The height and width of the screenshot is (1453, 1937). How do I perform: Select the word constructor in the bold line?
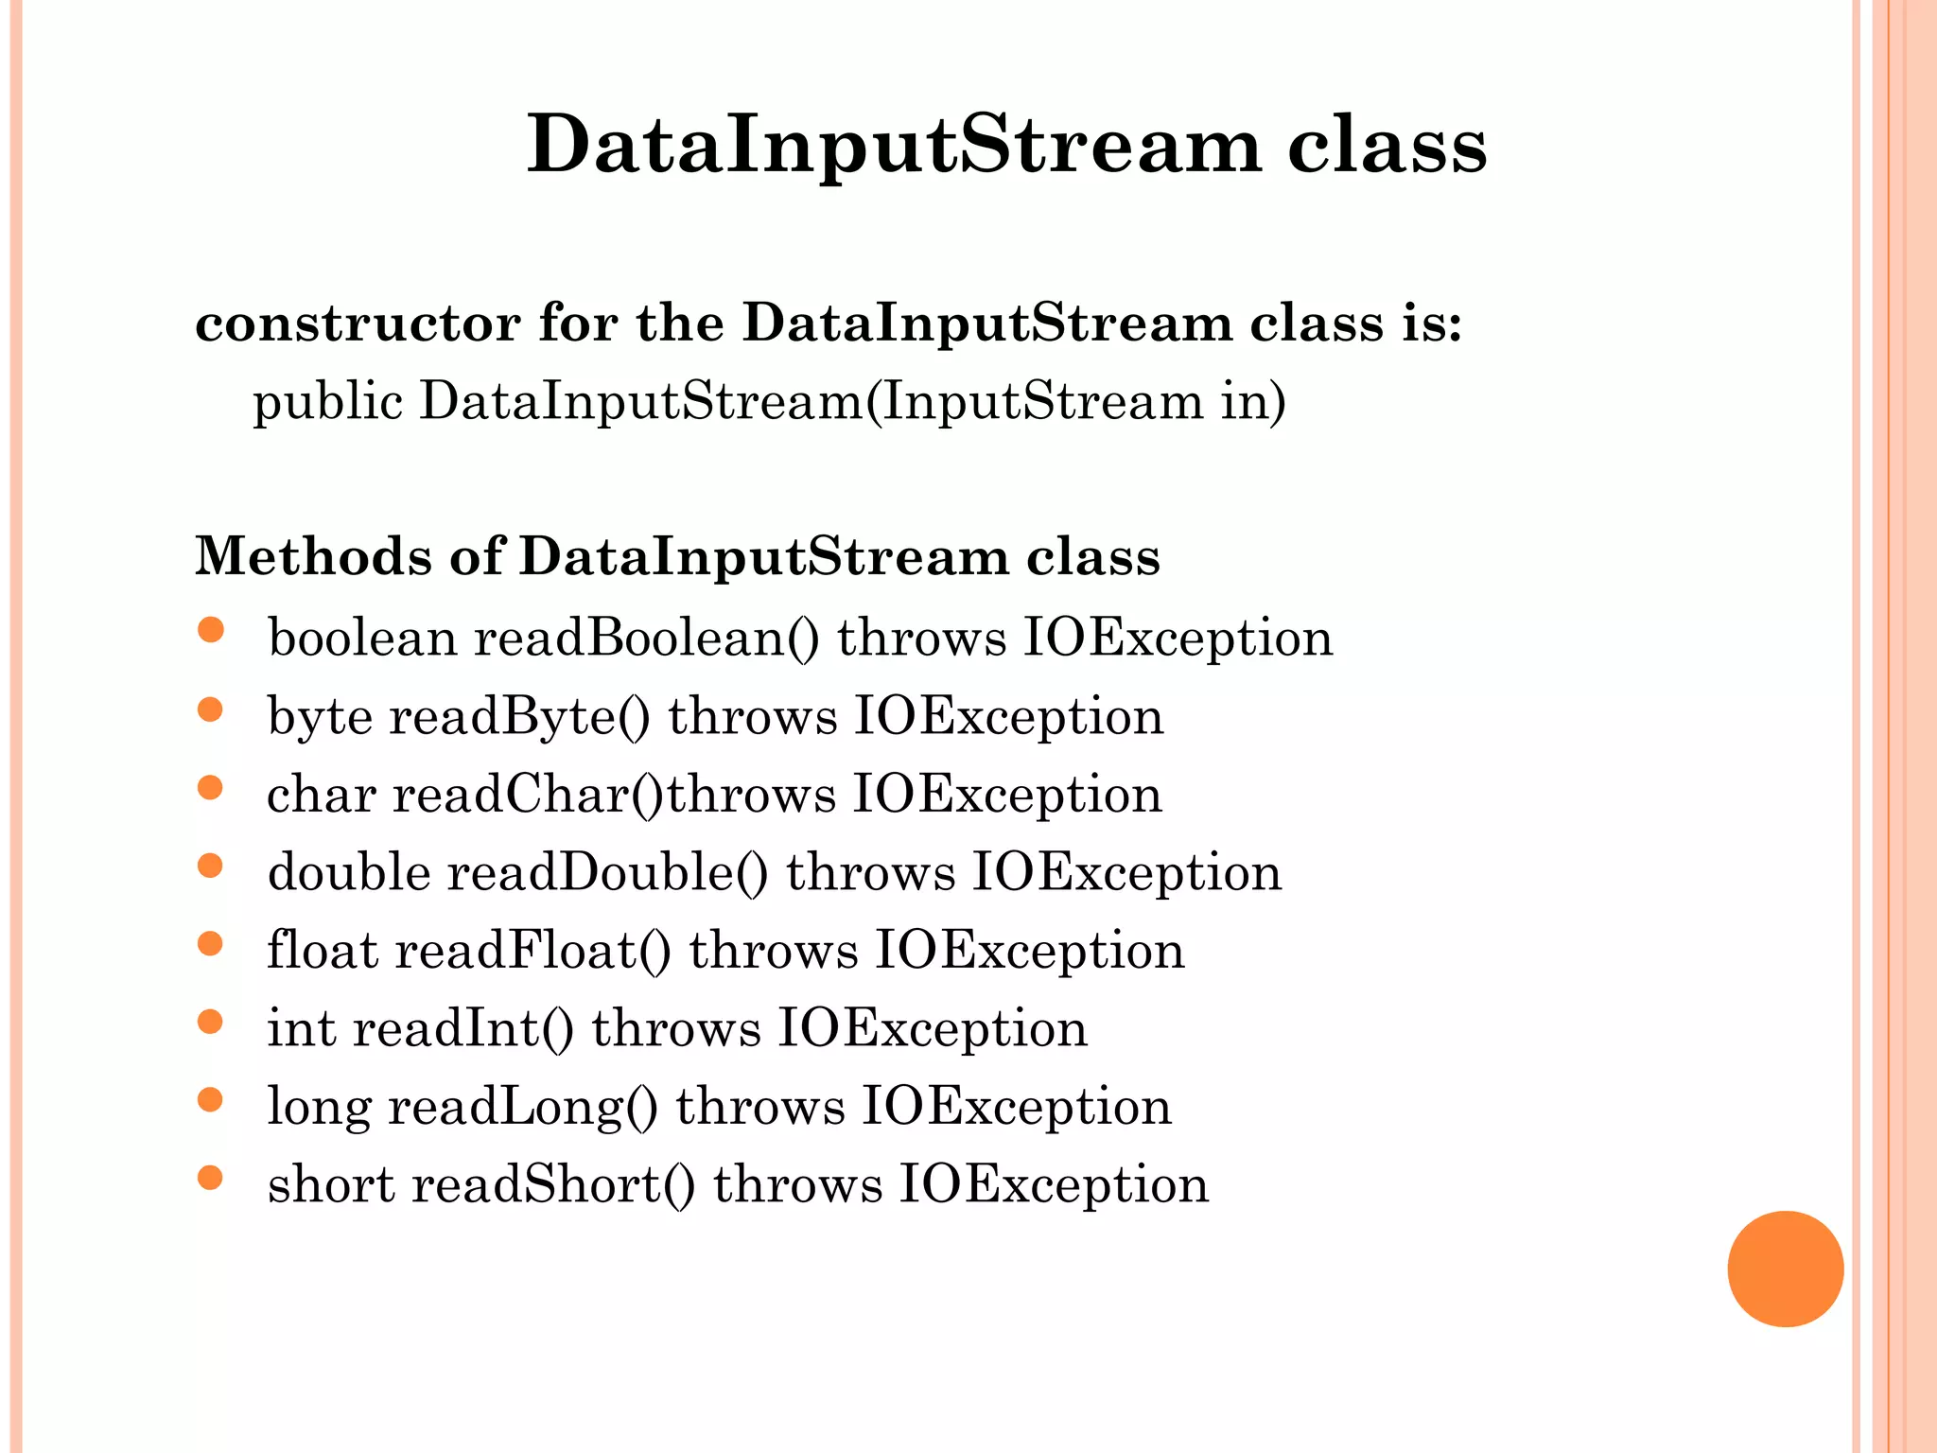358,324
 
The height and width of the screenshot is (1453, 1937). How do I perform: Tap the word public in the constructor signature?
328,402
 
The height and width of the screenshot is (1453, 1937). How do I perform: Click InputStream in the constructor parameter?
1042,401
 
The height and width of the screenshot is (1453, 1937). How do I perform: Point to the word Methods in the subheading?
313,556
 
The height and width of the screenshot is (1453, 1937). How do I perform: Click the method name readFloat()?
532,951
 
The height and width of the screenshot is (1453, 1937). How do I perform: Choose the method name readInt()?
462,1028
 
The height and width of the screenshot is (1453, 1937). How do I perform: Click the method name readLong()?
522,1107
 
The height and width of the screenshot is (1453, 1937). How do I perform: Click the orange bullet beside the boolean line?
210,630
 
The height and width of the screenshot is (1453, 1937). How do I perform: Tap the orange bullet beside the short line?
210,1178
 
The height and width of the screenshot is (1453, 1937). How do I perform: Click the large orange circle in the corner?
1785,1269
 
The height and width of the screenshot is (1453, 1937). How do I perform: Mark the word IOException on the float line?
1029,951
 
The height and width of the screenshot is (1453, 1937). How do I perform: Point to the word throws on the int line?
676,1028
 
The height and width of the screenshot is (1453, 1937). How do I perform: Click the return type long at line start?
319,1107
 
